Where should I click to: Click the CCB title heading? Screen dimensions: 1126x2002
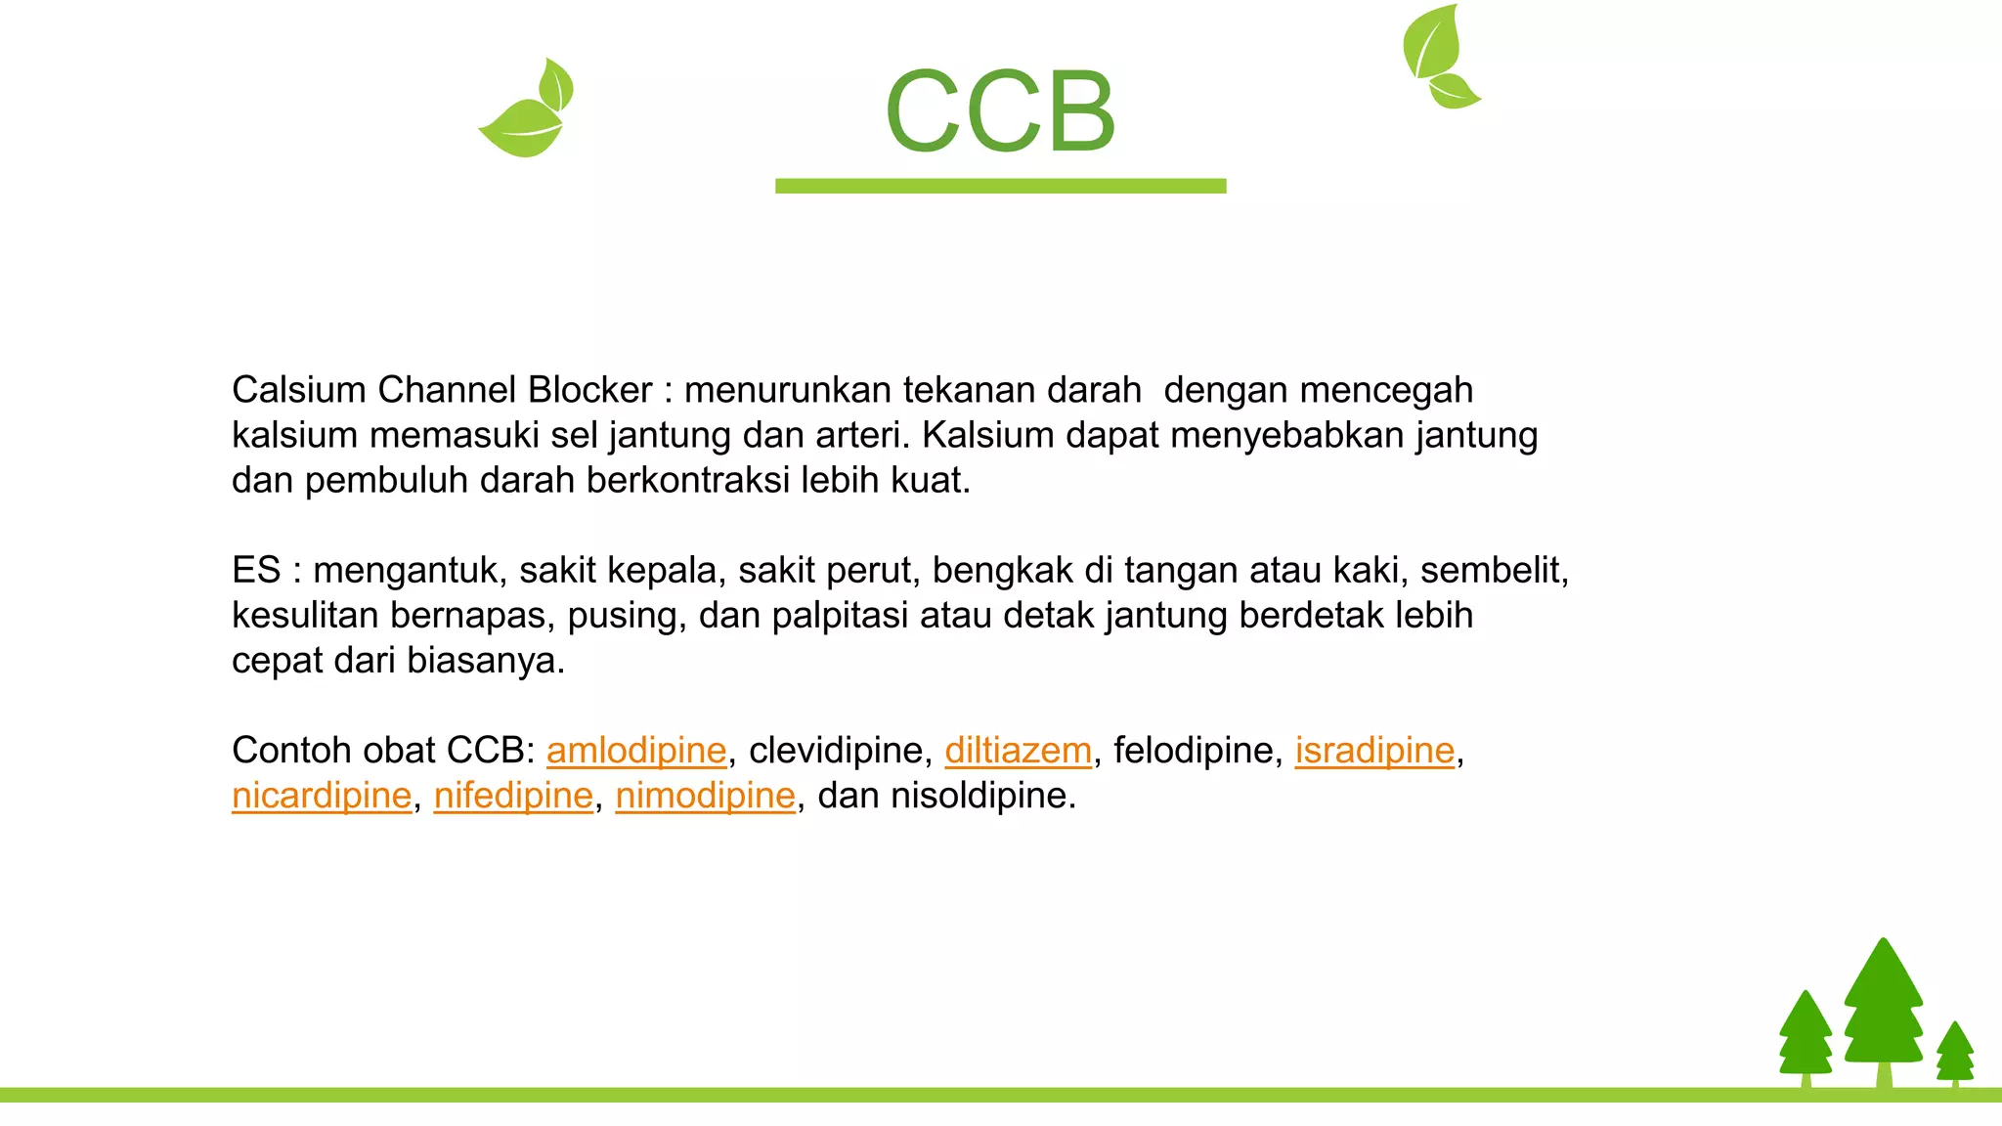point(1000,111)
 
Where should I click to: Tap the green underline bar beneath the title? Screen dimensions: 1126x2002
point(1000,186)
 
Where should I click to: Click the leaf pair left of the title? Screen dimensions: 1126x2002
point(528,109)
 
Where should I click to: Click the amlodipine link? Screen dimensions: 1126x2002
point(636,751)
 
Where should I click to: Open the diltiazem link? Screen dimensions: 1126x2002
point(1018,751)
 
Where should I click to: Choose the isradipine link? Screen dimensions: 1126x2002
point(1374,751)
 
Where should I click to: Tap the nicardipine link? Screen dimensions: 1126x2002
point(322,796)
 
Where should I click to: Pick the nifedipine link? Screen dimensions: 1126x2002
point(513,796)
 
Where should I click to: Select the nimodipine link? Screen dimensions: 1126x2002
point(705,796)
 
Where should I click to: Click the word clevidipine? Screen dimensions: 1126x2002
point(836,751)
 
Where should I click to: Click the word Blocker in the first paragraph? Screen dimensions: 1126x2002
point(589,390)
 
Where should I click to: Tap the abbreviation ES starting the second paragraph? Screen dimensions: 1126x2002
point(256,570)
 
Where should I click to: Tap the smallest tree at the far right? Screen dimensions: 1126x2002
point(1955,1053)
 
